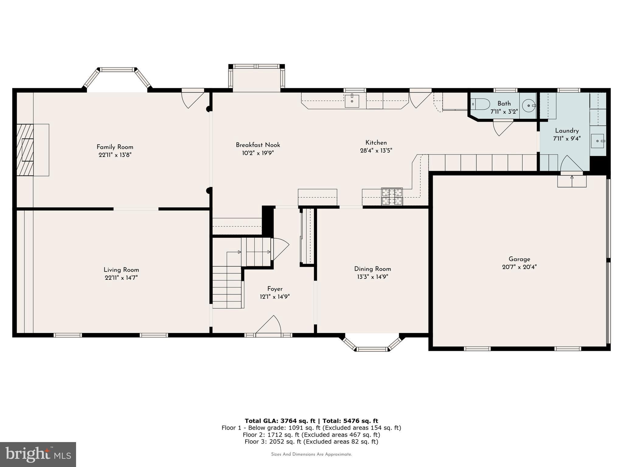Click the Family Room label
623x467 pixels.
(x=115, y=147)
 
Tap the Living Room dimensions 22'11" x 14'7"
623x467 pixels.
(x=121, y=278)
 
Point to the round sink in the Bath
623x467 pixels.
(x=529, y=106)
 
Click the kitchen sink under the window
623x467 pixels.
(x=352, y=101)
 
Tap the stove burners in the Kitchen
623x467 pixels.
(x=392, y=196)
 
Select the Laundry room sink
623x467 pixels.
(x=597, y=141)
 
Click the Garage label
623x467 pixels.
(x=519, y=259)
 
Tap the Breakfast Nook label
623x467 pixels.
(x=258, y=145)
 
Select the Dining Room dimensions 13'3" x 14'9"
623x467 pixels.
(x=372, y=277)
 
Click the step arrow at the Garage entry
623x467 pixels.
(x=572, y=181)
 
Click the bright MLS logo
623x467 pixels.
(x=38, y=454)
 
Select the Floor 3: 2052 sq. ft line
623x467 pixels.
(x=311, y=442)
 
